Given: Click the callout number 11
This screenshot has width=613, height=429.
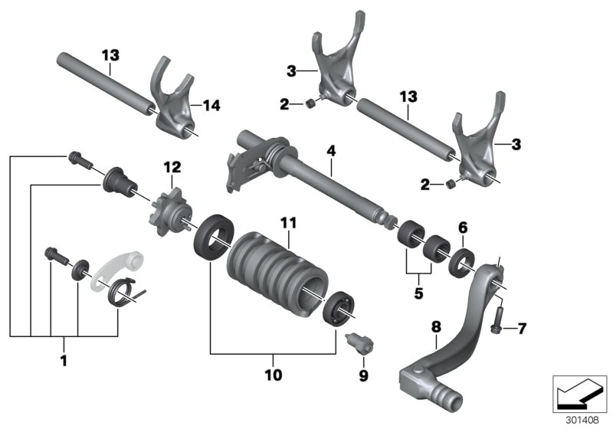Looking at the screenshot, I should (287, 222).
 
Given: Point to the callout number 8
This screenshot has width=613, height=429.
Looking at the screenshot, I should (435, 327).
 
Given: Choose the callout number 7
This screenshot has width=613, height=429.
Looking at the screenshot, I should (522, 329).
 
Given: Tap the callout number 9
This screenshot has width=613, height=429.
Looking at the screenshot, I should (363, 375).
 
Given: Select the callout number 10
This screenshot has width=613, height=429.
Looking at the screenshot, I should (274, 375).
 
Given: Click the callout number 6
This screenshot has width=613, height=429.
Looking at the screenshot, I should (461, 227).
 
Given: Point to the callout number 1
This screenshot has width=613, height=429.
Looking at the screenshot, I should (64, 360).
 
